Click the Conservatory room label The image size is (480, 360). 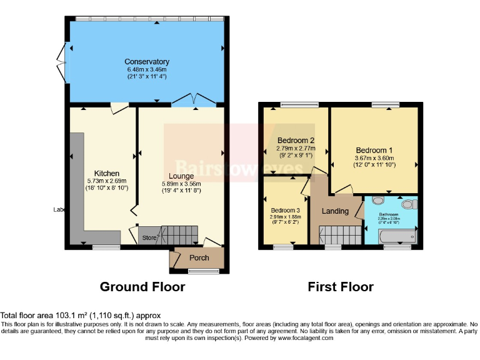[147, 61]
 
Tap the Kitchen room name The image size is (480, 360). [107, 173]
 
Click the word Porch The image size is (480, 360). [199, 258]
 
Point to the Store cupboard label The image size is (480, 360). [149, 237]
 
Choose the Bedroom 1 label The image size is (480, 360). [374, 150]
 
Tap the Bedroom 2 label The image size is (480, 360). [296, 140]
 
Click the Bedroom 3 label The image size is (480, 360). [284, 210]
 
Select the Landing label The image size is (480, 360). [335, 211]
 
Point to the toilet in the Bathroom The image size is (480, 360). [409, 204]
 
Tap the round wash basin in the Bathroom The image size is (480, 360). [377, 201]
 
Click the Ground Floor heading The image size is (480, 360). [142, 287]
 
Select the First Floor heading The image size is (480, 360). [341, 287]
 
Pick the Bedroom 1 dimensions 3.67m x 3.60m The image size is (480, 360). [374, 159]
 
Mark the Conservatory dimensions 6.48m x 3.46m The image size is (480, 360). [147, 69]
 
